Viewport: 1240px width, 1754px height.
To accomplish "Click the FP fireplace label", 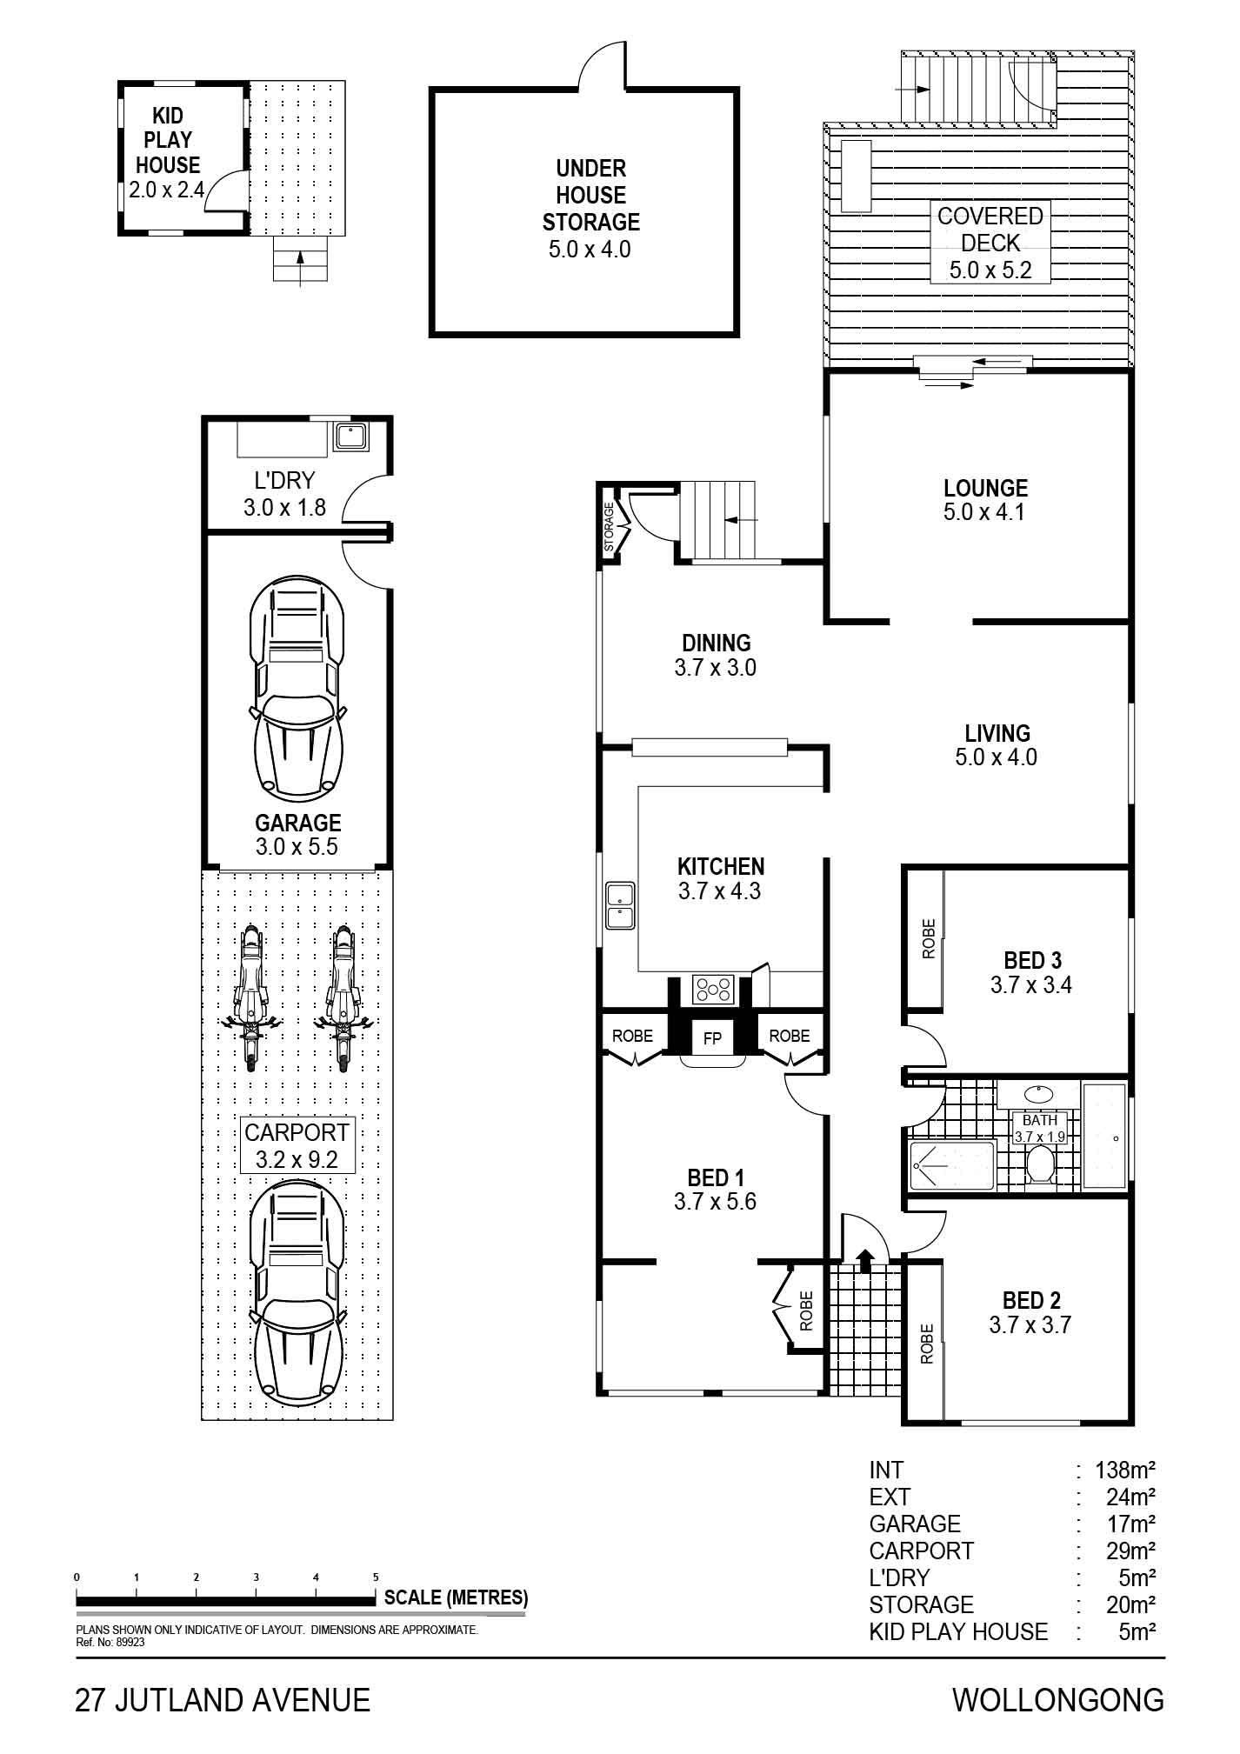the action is (712, 1038).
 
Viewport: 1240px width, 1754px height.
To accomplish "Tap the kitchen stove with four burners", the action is (713, 989).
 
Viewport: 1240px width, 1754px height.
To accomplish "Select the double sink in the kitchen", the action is (621, 905).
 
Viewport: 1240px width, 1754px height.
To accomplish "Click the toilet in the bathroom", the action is (1040, 1163).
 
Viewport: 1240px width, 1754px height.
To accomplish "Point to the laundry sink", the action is (352, 437).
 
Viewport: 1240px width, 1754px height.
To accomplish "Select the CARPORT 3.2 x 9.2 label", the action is (297, 1145).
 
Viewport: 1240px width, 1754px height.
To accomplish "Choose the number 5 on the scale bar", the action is (376, 1577).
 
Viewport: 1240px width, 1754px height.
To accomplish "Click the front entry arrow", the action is (865, 1260).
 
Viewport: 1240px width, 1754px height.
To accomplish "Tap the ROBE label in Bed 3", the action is (928, 938).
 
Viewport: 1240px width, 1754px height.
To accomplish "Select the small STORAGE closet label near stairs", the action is (610, 526).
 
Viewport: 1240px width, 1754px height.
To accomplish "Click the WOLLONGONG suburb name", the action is (1058, 1699).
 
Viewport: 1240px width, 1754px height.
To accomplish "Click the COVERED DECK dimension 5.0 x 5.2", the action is (990, 270).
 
